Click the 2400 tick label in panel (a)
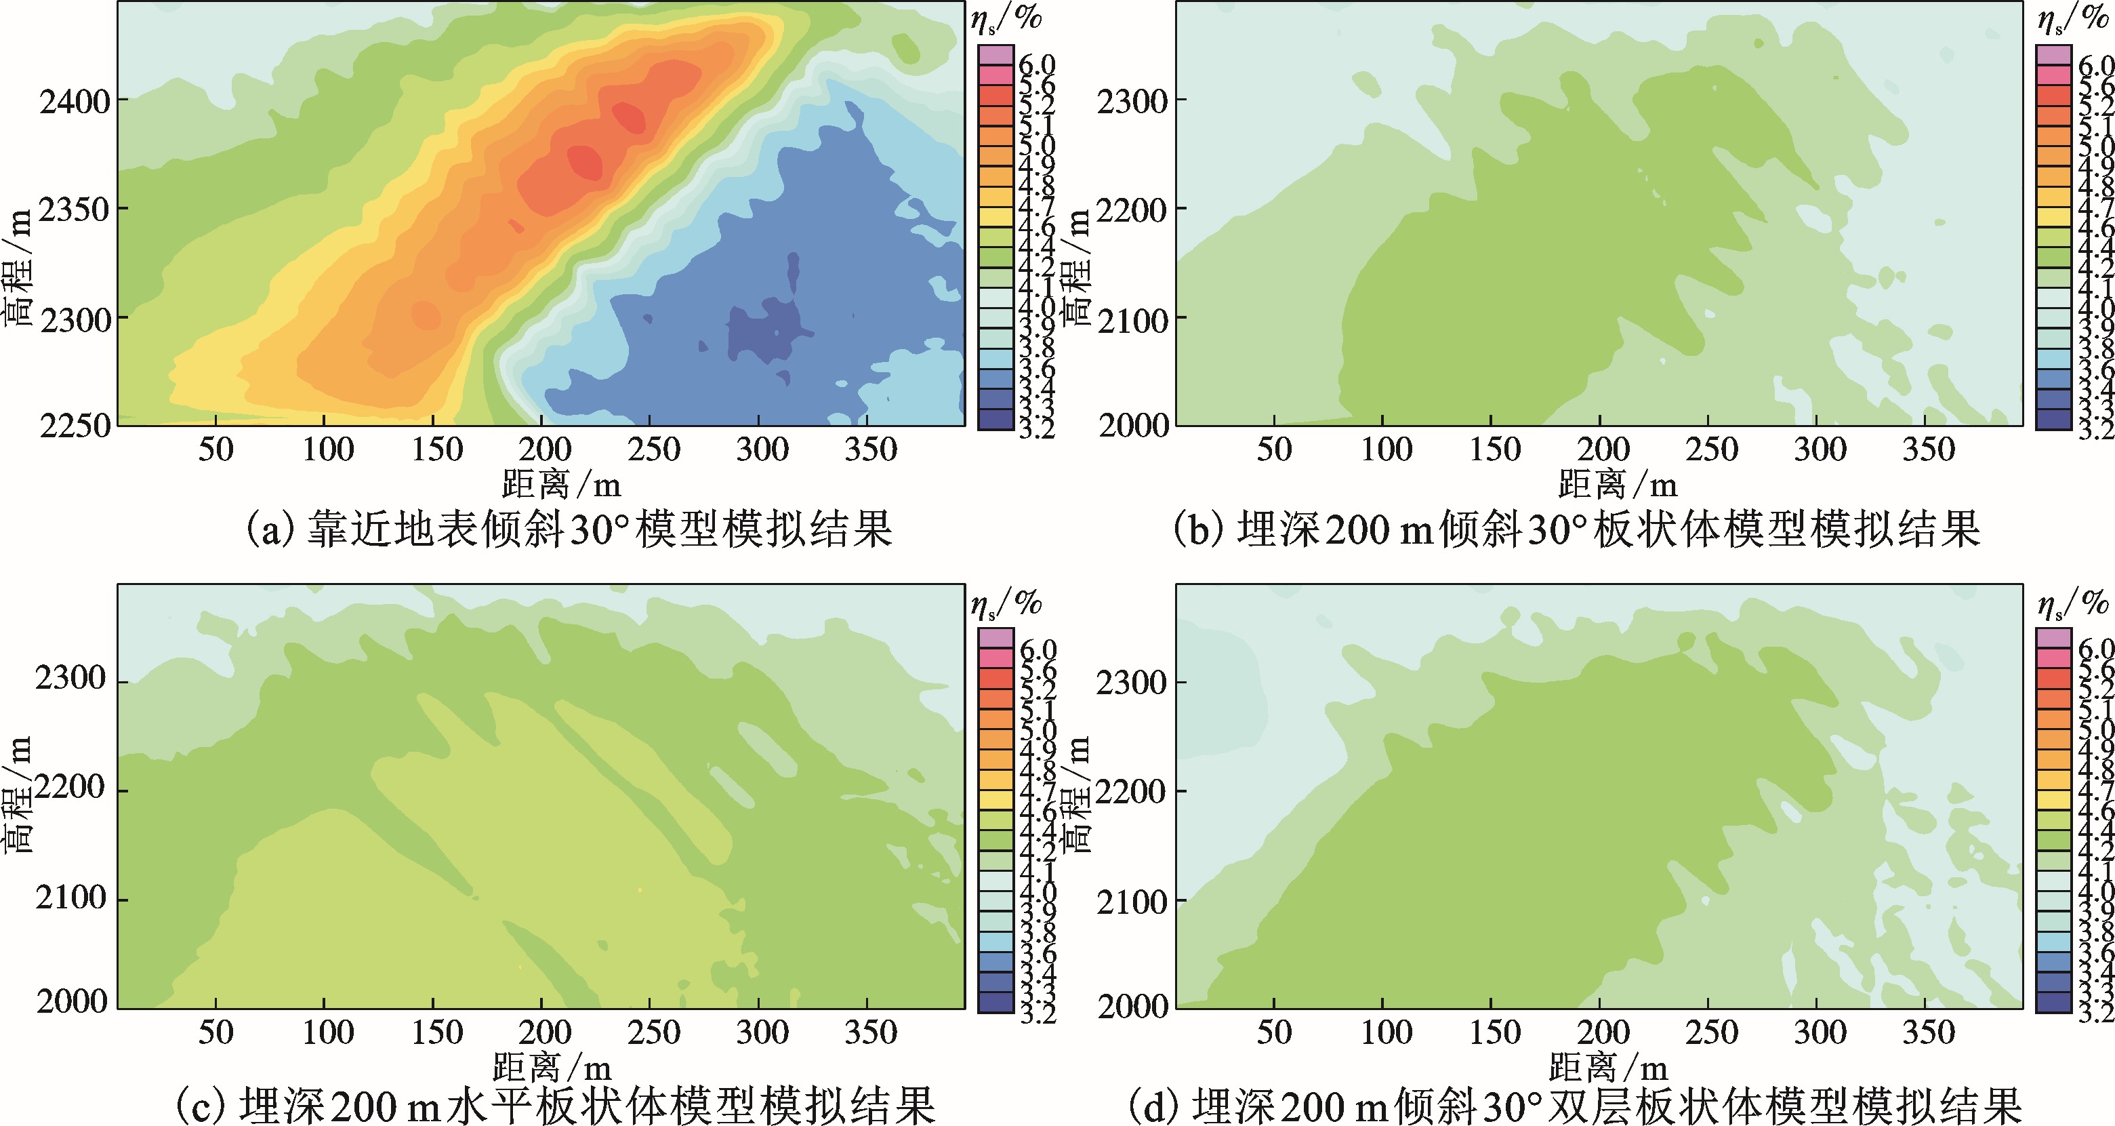pyautogui.click(x=74, y=102)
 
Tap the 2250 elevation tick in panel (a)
pyautogui.click(x=74, y=426)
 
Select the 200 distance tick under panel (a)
pyautogui.click(x=544, y=449)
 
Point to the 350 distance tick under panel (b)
pyautogui.click(x=1929, y=449)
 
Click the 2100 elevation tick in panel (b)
pyautogui.click(x=1132, y=319)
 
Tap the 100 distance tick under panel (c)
pyautogui.click(x=327, y=1032)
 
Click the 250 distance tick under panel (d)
pyautogui.click(x=1711, y=1032)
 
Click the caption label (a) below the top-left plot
pyautogui.click(x=271, y=529)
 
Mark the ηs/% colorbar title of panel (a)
pyautogui.click(x=1006, y=18)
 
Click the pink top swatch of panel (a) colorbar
pyautogui.click(x=995, y=55)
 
